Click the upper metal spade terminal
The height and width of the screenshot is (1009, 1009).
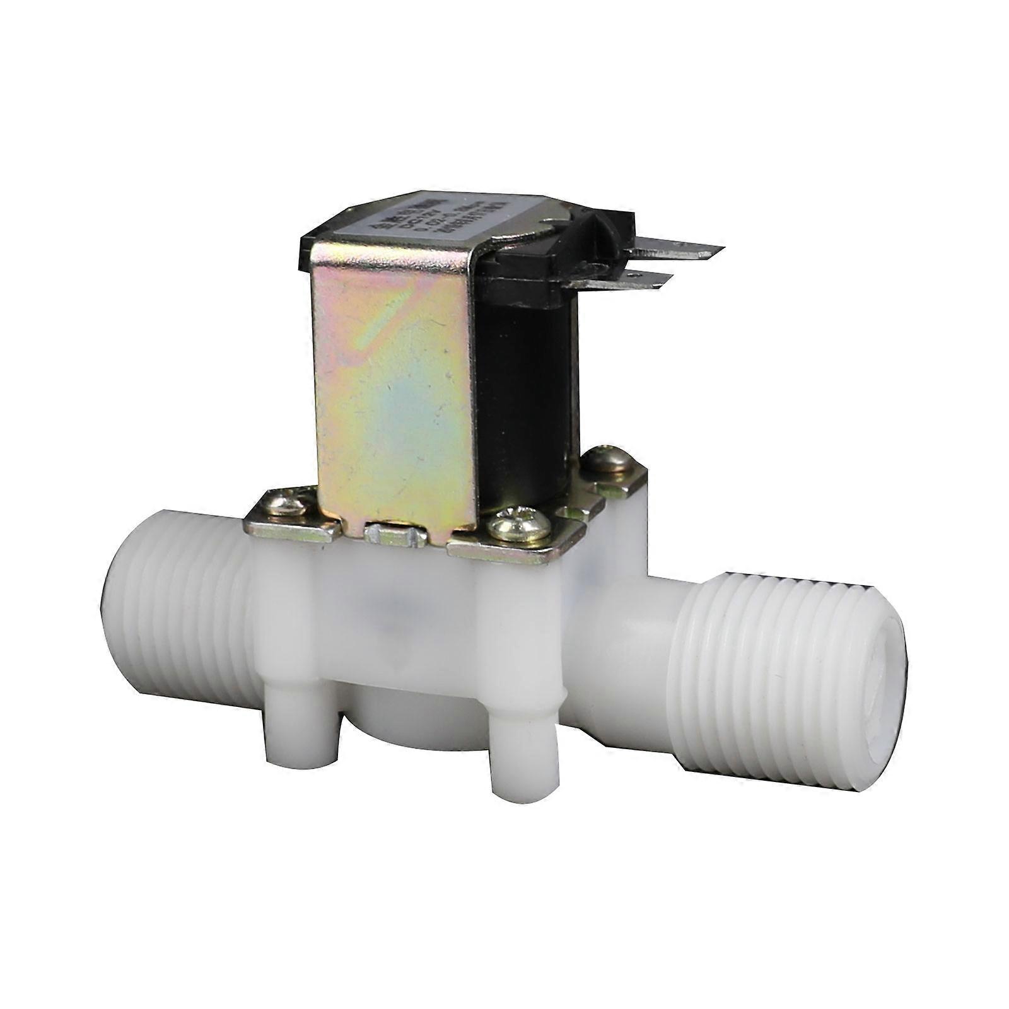[681, 251]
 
